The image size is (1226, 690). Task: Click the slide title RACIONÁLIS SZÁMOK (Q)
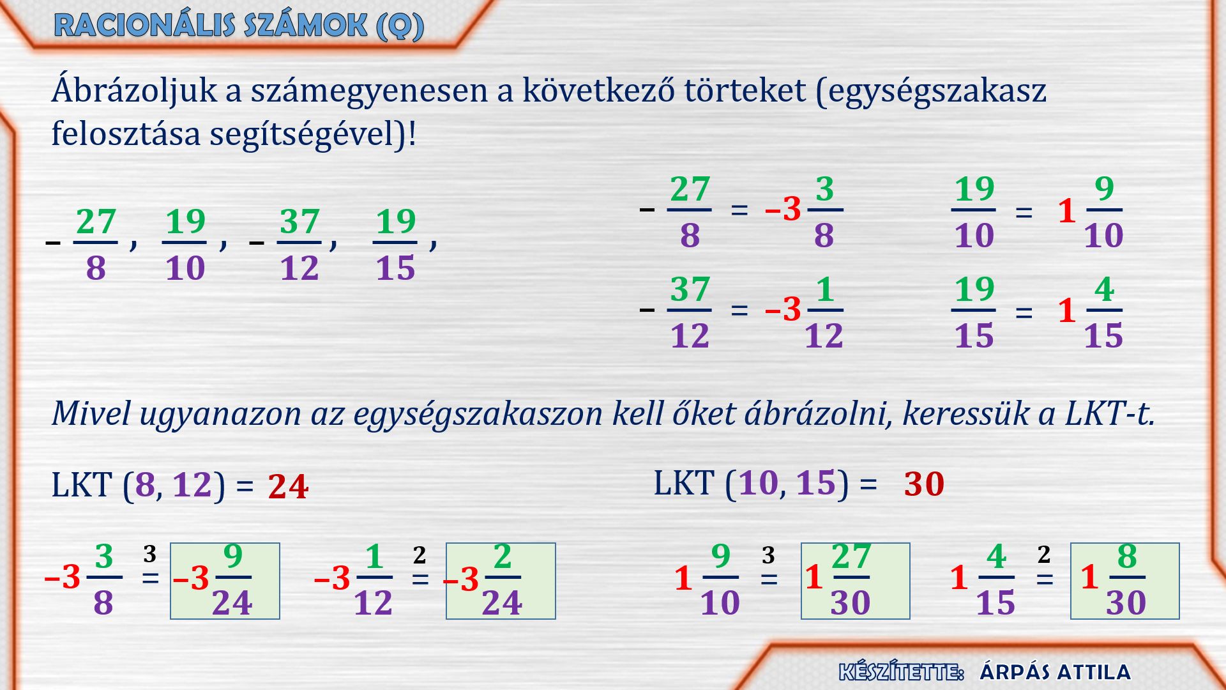click(x=239, y=26)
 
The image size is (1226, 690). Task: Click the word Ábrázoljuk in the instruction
click(x=135, y=91)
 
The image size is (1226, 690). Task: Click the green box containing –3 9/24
click(x=225, y=581)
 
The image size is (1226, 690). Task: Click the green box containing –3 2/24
click(x=501, y=581)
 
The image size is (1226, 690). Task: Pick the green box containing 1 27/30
click(x=856, y=581)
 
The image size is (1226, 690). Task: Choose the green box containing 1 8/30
click(x=1125, y=581)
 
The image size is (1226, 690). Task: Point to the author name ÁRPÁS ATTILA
click(x=1055, y=672)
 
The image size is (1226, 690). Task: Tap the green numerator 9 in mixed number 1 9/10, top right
click(x=1104, y=188)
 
